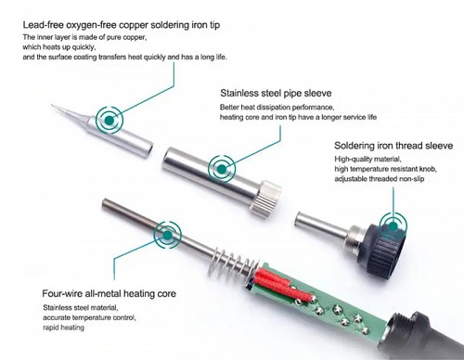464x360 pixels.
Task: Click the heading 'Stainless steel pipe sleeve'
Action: click(276, 93)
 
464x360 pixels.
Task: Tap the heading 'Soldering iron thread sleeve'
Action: click(393, 146)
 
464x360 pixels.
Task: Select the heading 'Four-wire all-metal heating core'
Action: click(109, 293)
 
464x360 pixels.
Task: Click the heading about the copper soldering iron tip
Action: click(122, 25)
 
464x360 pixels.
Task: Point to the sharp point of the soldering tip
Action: click(52, 106)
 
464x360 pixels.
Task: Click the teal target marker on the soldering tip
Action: click(110, 120)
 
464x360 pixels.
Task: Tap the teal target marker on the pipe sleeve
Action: click(222, 169)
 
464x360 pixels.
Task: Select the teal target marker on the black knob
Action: click(393, 226)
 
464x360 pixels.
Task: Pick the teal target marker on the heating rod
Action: click(168, 235)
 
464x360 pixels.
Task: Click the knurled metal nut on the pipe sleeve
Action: click(266, 199)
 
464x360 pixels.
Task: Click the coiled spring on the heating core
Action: click(234, 263)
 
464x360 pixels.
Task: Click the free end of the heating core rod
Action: click(104, 203)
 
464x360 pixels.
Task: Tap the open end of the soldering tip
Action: click(148, 149)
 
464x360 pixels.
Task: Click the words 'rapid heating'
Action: click(63, 328)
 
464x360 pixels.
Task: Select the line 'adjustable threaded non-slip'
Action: click(380, 179)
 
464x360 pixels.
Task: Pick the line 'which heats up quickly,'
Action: click(59, 47)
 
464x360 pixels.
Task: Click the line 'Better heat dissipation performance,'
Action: click(277, 108)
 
